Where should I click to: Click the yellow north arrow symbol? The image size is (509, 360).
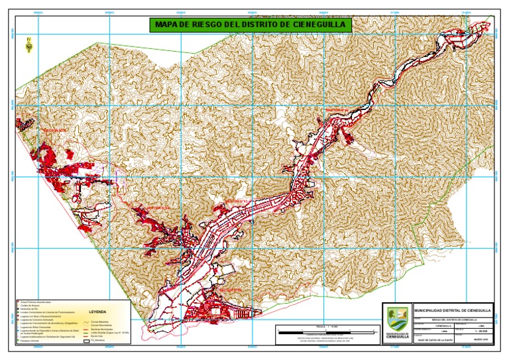pos(29,45)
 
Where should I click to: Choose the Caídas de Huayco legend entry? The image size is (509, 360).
pos(30,306)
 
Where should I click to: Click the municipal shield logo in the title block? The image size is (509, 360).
pos(396,319)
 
